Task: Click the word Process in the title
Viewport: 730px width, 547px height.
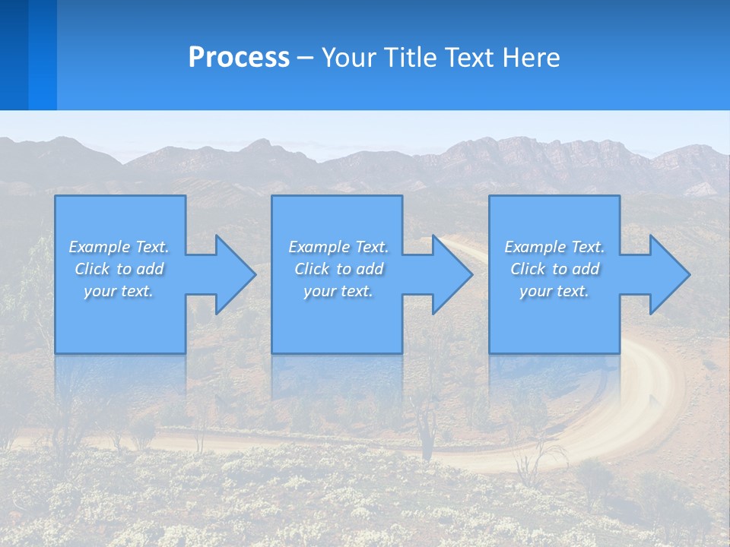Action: [239, 58]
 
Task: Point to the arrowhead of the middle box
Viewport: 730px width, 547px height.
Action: [457, 274]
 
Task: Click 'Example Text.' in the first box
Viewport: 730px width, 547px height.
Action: [119, 247]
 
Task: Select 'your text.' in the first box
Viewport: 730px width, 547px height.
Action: [119, 291]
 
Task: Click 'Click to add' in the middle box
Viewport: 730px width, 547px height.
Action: [338, 269]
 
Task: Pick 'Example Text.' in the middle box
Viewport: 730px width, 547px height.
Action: [338, 247]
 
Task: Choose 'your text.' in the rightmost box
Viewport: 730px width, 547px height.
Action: [554, 291]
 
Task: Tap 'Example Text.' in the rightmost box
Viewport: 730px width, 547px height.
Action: [554, 247]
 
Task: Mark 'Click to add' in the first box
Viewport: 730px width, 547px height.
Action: [119, 269]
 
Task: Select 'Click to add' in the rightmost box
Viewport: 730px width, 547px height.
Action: [554, 269]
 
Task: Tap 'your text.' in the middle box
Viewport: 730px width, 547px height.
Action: [338, 291]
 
